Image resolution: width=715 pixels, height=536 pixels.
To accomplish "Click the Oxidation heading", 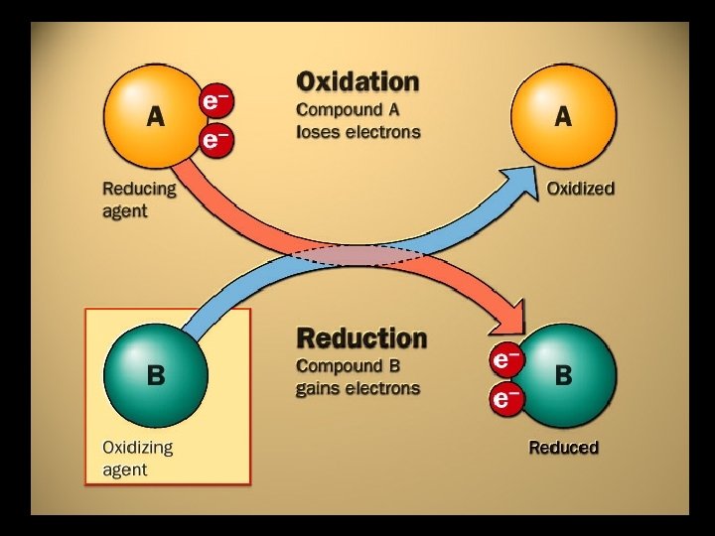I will click(x=357, y=80).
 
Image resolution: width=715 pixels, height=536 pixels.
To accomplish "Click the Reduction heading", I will click(x=361, y=338).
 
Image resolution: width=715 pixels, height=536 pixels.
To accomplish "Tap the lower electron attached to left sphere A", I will click(x=215, y=140).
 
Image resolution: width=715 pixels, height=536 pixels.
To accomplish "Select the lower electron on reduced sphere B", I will click(x=506, y=399).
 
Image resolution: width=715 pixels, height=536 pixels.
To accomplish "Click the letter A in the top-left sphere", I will click(x=156, y=117).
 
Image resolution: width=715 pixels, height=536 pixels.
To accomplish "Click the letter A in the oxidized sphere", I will click(x=563, y=117).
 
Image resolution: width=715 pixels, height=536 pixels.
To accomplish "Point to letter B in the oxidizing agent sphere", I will click(x=156, y=376).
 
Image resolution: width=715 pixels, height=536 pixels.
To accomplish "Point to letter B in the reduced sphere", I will click(x=564, y=376).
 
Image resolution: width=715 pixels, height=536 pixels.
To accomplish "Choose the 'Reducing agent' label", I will click(x=139, y=199).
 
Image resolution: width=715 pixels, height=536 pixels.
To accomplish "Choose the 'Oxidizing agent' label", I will click(x=138, y=458).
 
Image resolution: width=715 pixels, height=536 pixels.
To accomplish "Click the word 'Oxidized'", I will click(x=581, y=188).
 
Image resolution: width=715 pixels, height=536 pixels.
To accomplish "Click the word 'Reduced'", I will click(x=563, y=448).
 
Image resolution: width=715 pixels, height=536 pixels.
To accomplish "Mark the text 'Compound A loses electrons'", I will click(x=357, y=119).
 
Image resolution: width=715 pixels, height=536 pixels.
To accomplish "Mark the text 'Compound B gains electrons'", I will click(x=357, y=376).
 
